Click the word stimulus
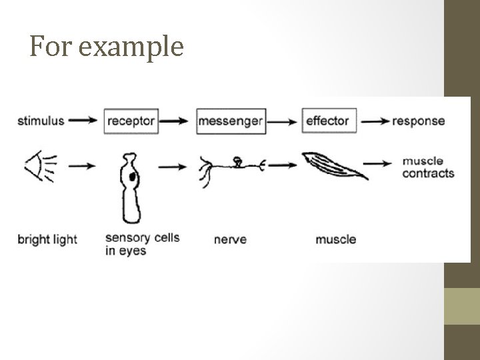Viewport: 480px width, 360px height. click(x=41, y=121)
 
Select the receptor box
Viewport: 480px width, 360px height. click(x=131, y=121)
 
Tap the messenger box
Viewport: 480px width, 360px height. click(x=231, y=121)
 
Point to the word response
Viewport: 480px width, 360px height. click(x=419, y=121)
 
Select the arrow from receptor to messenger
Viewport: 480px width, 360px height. click(x=176, y=121)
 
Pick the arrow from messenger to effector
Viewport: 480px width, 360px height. click(x=283, y=121)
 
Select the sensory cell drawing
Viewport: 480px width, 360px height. click(x=131, y=189)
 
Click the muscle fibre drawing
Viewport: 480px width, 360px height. click(x=335, y=166)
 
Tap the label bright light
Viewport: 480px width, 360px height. click(x=47, y=239)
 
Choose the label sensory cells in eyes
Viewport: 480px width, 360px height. click(x=142, y=244)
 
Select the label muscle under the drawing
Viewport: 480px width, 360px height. click(x=335, y=239)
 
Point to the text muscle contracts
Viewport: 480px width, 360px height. click(x=428, y=167)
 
